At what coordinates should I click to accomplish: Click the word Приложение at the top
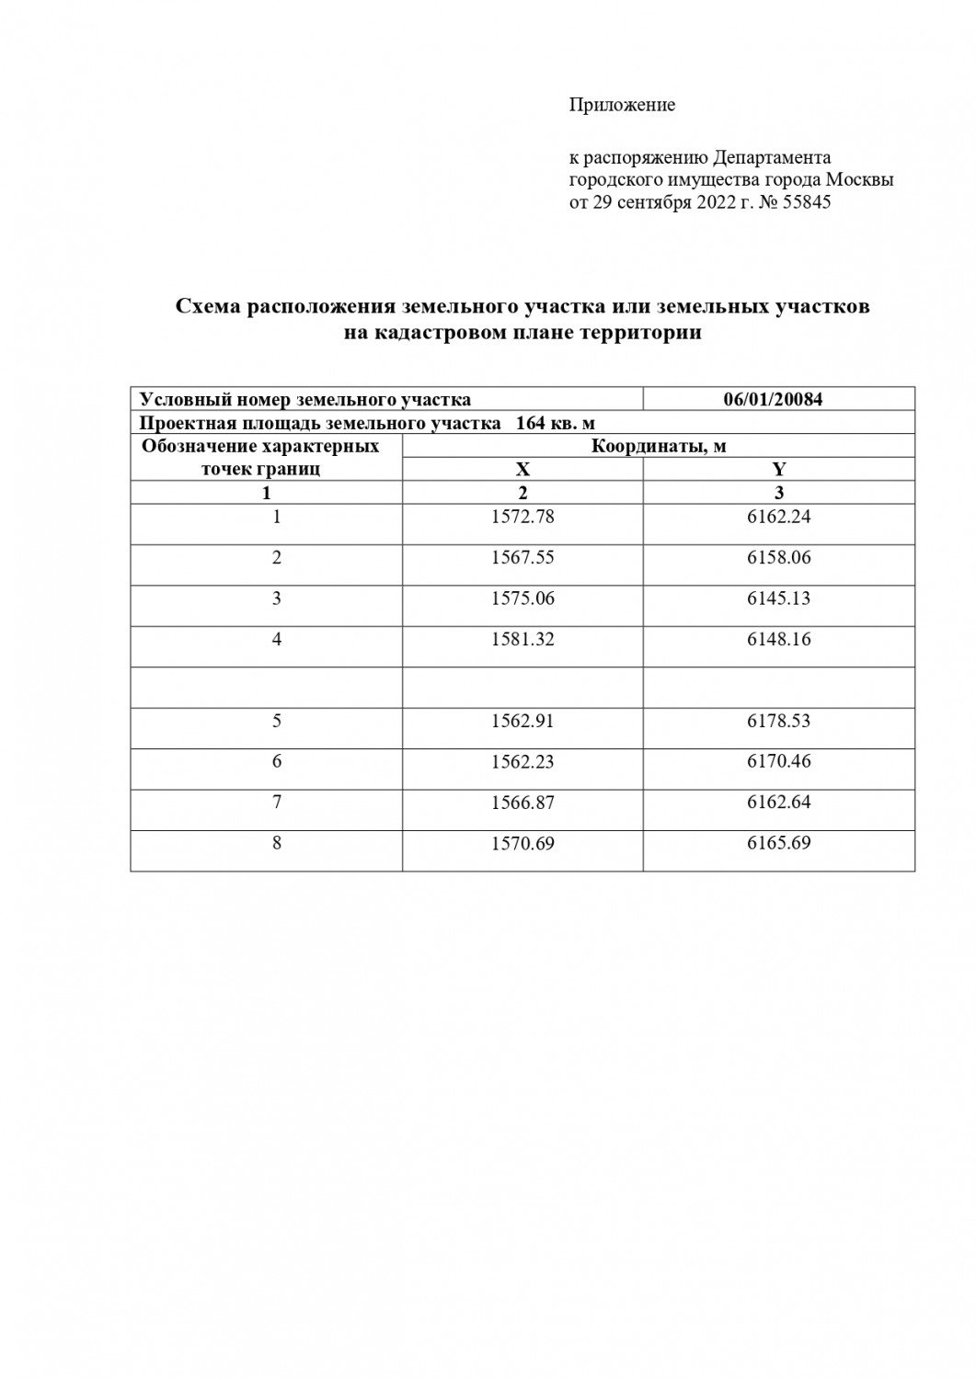coord(622,105)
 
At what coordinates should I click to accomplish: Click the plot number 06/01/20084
coord(778,399)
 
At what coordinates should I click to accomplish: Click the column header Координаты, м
coord(659,446)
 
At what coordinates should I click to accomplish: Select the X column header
coord(522,469)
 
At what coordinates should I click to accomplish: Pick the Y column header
coord(779,469)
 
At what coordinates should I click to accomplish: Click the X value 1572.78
coord(522,517)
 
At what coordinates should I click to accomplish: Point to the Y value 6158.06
coord(779,557)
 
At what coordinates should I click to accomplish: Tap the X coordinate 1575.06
coord(522,598)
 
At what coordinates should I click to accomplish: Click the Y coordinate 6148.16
coord(779,639)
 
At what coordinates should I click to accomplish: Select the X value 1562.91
coord(522,721)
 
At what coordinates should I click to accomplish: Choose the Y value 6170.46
coord(779,761)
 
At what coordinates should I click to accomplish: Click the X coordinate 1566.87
coord(522,803)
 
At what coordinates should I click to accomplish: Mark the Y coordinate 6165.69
coord(779,842)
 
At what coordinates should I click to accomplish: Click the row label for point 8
coord(276,842)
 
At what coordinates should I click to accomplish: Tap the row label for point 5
coord(276,721)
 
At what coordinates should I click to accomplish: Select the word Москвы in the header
coord(859,180)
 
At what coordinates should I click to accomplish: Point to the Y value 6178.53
coord(779,721)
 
